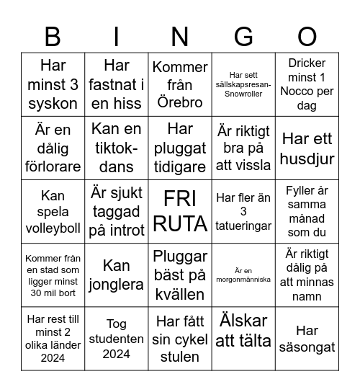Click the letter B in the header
pyautogui.click(x=53, y=36)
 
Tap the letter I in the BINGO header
pyautogui.click(x=117, y=36)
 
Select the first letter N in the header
pyautogui.click(x=180, y=36)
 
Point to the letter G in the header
pyautogui.click(x=243, y=36)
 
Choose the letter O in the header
pyautogui.click(x=307, y=36)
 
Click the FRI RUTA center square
pyautogui.click(x=180, y=212)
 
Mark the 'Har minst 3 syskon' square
pyautogui.click(x=53, y=85)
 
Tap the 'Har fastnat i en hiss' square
pyautogui.click(x=117, y=85)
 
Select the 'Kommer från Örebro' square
pyautogui.click(x=180, y=85)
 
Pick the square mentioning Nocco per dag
pyautogui.click(x=307, y=85)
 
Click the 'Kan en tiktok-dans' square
pyautogui.click(x=117, y=148)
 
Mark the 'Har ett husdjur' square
pyautogui.click(x=307, y=148)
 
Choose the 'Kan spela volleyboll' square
pyautogui.click(x=53, y=212)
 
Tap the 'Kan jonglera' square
pyautogui.click(x=117, y=275)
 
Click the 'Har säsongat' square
pyautogui.click(x=307, y=339)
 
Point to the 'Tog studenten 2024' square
pyautogui.click(x=117, y=339)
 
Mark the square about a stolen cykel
pyautogui.click(x=180, y=339)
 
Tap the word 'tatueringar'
pyautogui.click(x=243, y=226)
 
